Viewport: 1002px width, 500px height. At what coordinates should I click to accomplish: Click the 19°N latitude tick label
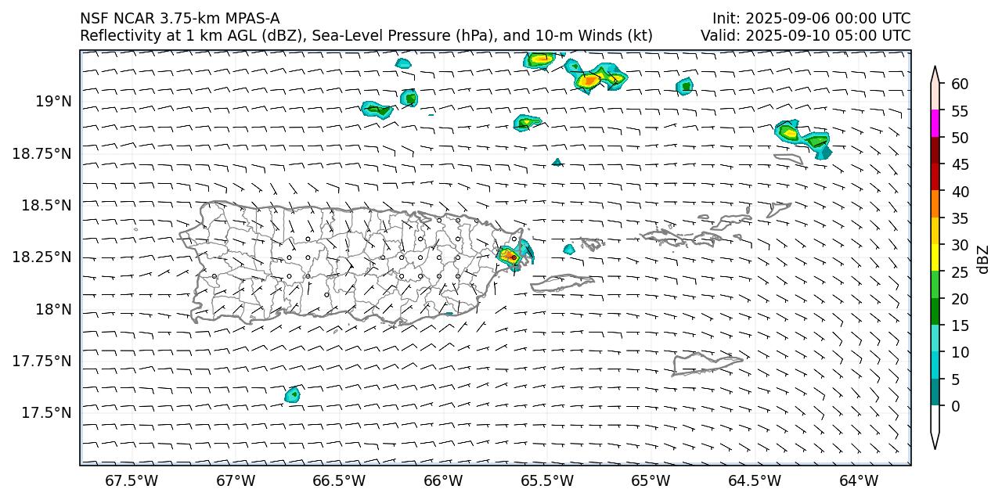pos(53,101)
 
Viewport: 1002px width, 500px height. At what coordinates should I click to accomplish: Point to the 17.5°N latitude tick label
pos(47,412)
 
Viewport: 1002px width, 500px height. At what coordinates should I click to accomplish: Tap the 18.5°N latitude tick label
pos(47,205)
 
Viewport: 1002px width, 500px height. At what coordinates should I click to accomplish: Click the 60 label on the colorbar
pos(959,84)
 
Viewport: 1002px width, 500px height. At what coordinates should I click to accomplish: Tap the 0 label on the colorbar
pos(954,406)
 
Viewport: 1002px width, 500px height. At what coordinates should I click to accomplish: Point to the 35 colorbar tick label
pos(959,218)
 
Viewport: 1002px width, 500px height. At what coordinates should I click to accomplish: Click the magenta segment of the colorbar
pos(935,124)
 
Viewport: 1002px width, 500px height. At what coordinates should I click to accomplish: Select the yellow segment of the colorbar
pos(935,258)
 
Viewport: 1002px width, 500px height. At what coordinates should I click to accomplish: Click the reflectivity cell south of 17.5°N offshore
pos(293,394)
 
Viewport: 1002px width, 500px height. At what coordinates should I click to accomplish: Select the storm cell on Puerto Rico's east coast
pos(510,256)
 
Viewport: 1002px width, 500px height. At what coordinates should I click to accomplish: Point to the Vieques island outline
pos(562,282)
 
